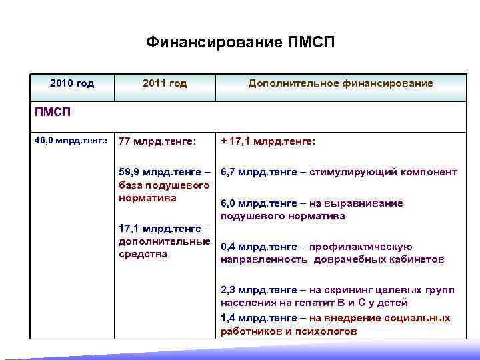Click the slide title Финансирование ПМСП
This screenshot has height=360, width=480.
240,43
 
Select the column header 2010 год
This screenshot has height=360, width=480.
72,83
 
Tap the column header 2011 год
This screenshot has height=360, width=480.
165,83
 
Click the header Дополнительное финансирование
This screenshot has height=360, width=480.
341,83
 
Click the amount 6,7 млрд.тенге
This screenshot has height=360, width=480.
259,172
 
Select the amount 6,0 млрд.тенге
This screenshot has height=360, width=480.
259,203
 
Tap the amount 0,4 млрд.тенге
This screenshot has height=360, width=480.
259,247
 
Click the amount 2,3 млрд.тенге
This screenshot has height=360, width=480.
259,290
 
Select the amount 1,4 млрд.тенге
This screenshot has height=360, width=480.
259,319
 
